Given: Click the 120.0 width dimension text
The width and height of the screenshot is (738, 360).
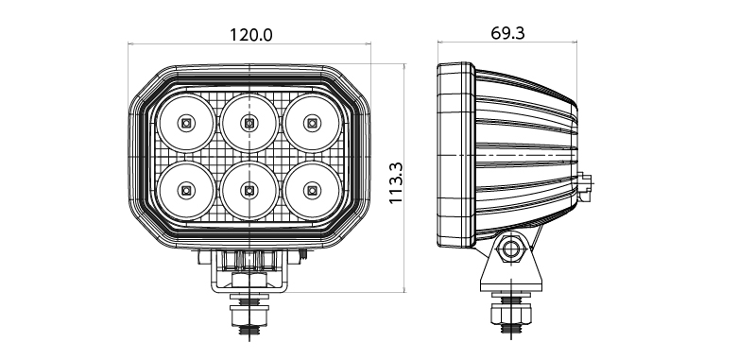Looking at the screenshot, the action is [250, 35].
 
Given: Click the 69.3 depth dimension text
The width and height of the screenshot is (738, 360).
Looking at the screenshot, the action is [507, 33].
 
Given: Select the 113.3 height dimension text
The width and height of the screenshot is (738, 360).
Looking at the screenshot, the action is [396, 182].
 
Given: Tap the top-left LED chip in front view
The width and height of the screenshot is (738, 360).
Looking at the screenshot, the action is [186, 123].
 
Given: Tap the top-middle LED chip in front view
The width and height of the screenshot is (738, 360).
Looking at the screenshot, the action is [249, 123].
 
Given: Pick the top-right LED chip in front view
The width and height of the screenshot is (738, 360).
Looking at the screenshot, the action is [312, 123].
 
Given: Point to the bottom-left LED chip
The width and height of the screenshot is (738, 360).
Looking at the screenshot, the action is [186, 191].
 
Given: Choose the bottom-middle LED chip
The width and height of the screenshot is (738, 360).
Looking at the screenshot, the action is [249, 191].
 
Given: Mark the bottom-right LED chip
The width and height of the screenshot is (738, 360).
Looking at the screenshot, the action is [312, 191].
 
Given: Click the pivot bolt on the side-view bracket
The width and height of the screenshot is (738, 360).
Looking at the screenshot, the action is [510, 248].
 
